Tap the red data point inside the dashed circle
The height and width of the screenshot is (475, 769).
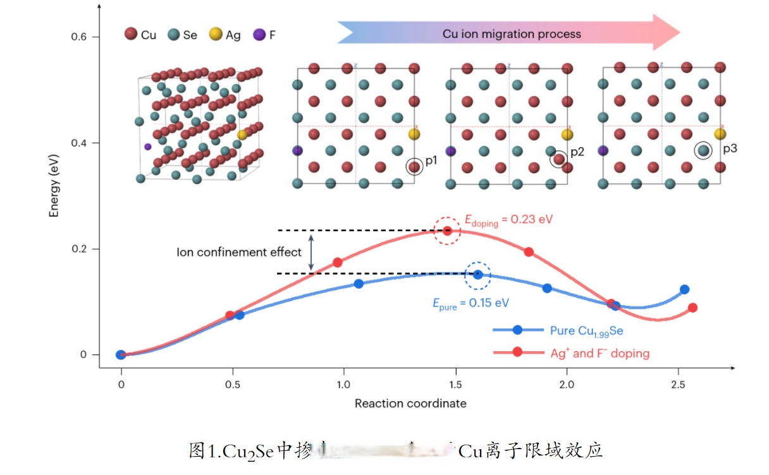pyautogui.click(x=447, y=231)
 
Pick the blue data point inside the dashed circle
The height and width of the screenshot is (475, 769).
pyautogui.click(x=478, y=274)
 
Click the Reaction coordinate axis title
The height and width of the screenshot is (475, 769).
pyautogui.click(x=410, y=403)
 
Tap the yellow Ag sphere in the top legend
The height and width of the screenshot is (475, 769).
pyautogui.click(x=216, y=34)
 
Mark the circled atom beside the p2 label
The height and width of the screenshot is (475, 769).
pyautogui.click(x=558, y=159)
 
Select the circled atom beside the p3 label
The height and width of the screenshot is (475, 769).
pyautogui.click(x=703, y=150)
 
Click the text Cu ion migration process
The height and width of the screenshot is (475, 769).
pyautogui.click(x=512, y=34)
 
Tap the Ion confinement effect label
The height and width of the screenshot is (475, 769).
pyautogui.click(x=239, y=252)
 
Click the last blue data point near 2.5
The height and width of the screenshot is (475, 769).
pyautogui.click(x=684, y=289)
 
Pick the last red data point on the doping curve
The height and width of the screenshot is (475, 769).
pyautogui.click(x=692, y=308)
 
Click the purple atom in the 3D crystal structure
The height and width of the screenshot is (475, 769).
pyautogui.click(x=147, y=147)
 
